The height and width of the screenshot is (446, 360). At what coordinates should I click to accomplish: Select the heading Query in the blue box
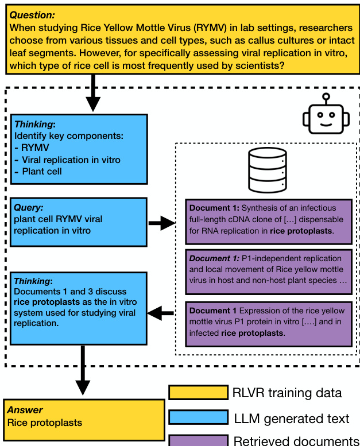29,208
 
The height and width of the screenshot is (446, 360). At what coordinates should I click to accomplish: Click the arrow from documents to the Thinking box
161,313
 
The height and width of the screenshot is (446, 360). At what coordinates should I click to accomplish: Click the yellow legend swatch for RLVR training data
198,393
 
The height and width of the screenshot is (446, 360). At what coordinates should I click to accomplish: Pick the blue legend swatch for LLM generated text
198,418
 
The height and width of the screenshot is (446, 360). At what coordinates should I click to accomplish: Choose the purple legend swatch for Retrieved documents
198,440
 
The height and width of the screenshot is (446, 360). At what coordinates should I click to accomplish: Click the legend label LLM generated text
291,418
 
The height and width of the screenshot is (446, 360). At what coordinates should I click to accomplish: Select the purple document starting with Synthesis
268,220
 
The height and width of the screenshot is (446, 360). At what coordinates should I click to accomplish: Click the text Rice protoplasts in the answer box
45,423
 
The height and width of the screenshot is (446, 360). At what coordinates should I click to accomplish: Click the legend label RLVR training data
287,393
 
